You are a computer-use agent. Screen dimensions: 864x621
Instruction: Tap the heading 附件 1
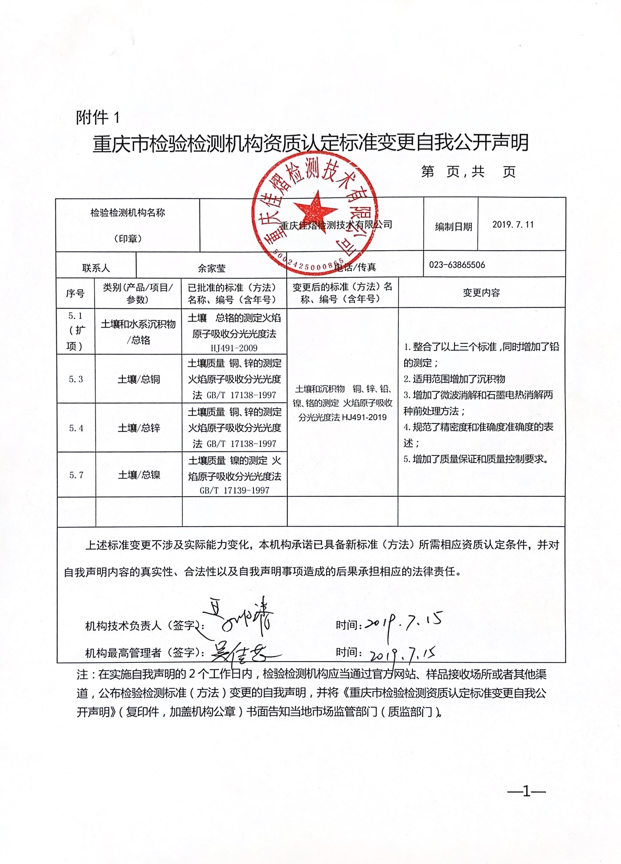pos(98,117)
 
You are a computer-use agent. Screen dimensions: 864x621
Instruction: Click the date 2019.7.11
pos(513,225)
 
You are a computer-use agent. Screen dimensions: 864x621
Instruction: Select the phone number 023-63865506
pos(457,265)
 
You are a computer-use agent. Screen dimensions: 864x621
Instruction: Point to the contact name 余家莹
pos(212,268)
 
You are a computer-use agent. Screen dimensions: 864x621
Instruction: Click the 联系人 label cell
pos(96,268)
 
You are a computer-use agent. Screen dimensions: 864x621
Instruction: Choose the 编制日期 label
pos(453,227)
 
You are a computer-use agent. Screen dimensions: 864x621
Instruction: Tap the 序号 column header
pos(75,293)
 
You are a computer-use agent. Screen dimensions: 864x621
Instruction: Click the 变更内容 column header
pos(481,293)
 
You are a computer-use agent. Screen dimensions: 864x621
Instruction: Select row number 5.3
pos(76,379)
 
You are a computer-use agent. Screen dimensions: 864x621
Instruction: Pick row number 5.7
pos(76,475)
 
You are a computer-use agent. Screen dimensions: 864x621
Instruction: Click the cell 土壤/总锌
pos(139,428)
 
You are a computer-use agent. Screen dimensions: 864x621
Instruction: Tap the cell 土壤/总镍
pos(139,475)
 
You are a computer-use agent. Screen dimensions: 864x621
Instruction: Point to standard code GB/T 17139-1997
pos(235,490)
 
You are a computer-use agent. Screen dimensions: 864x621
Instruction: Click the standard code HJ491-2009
pos(234,348)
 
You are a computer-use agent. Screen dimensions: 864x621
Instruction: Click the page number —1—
pos(526,792)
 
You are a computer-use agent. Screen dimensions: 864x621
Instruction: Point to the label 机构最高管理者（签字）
pos(143,653)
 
